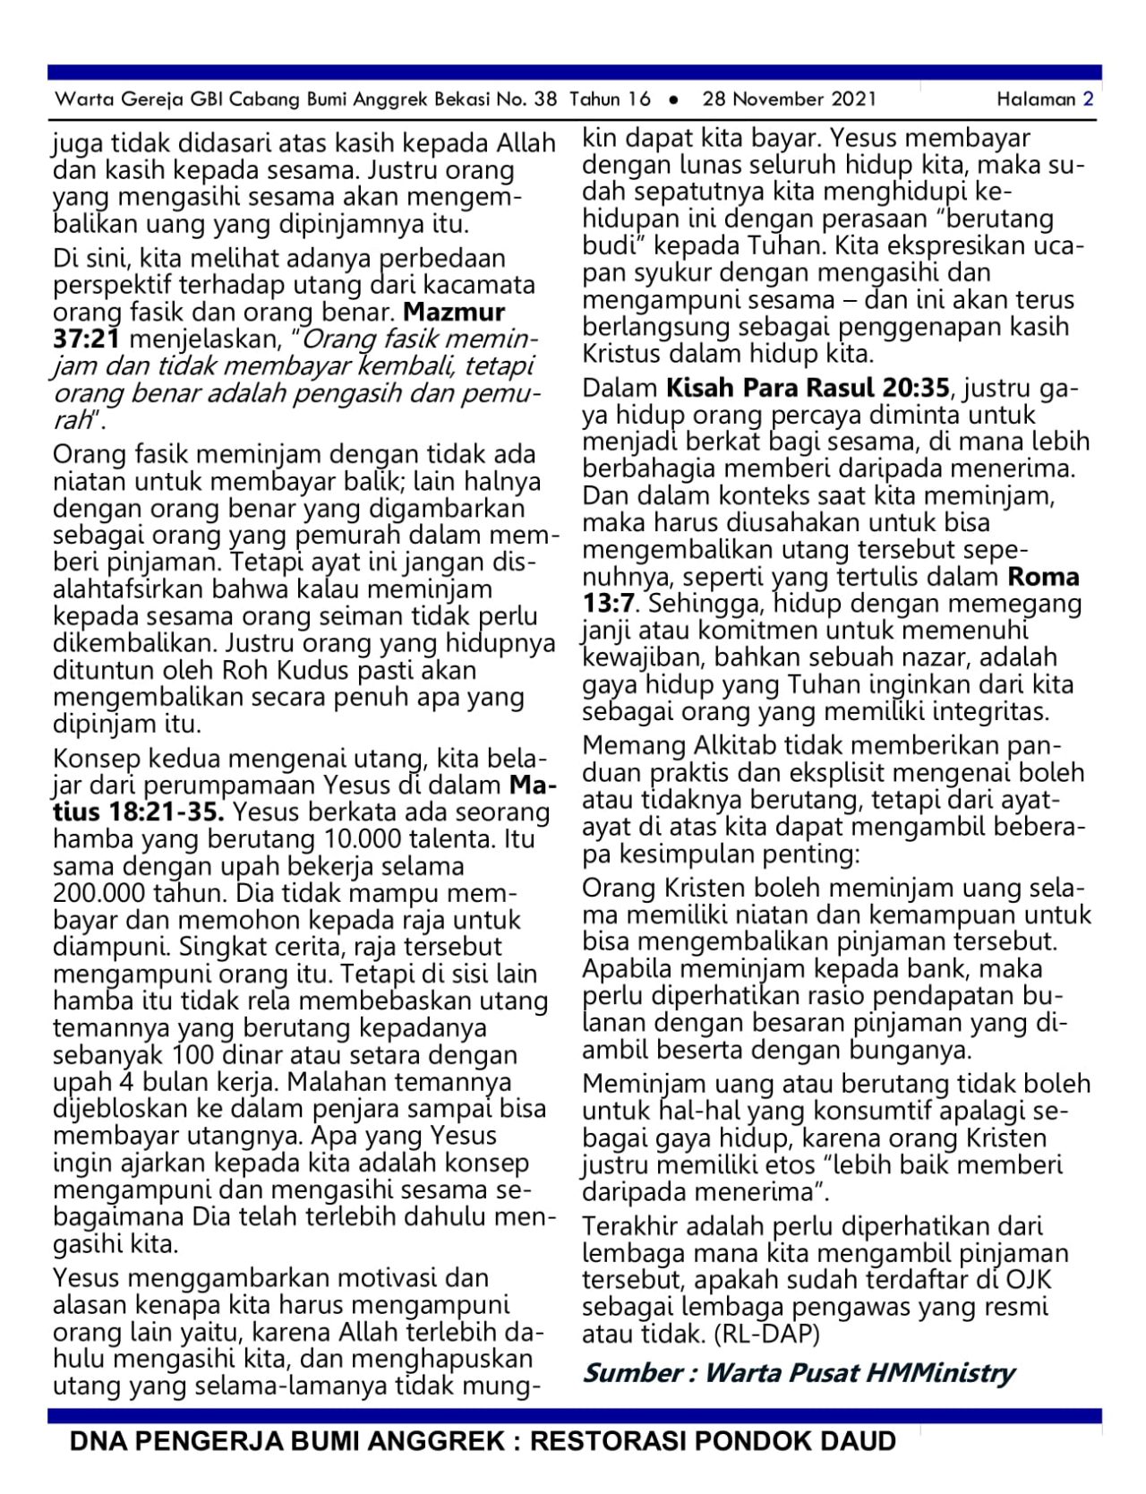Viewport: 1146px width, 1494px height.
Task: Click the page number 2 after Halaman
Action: point(1088,99)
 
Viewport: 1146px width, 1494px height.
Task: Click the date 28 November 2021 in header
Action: point(789,99)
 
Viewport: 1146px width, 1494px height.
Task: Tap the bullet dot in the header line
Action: point(673,99)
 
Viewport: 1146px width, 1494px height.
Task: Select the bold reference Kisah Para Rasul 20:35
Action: point(807,389)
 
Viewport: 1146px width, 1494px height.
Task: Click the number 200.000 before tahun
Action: point(99,894)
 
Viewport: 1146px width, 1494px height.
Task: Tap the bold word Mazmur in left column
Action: point(454,313)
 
